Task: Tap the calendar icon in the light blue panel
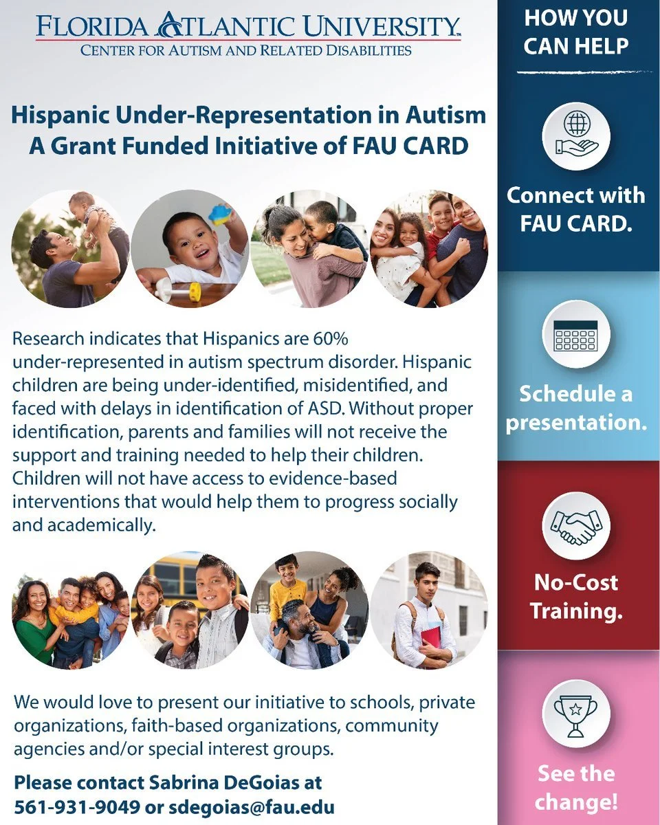point(576,335)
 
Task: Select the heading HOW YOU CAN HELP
point(576,32)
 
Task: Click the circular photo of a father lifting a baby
point(70,248)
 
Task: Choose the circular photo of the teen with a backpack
point(429,610)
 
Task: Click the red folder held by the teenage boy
point(430,635)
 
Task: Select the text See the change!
point(576,787)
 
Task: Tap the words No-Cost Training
point(576,597)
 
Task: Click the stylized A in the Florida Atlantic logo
point(168,26)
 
